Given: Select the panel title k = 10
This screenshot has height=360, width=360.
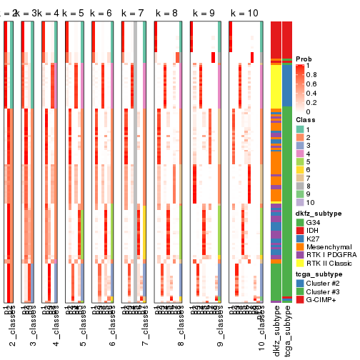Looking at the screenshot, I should pos(244,14).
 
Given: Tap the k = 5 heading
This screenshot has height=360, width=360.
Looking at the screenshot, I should pos(78,14).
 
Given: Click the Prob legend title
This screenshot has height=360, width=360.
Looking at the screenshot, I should pos(304,59).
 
